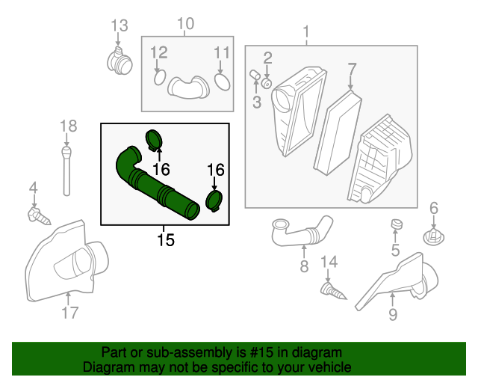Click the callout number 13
click(x=119, y=26)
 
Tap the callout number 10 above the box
click(x=185, y=24)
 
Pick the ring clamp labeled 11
click(x=222, y=80)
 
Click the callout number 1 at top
click(x=305, y=32)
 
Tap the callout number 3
click(x=256, y=101)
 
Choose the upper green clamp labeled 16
click(x=155, y=138)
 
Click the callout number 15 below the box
click(x=165, y=239)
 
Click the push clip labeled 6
click(x=433, y=236)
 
